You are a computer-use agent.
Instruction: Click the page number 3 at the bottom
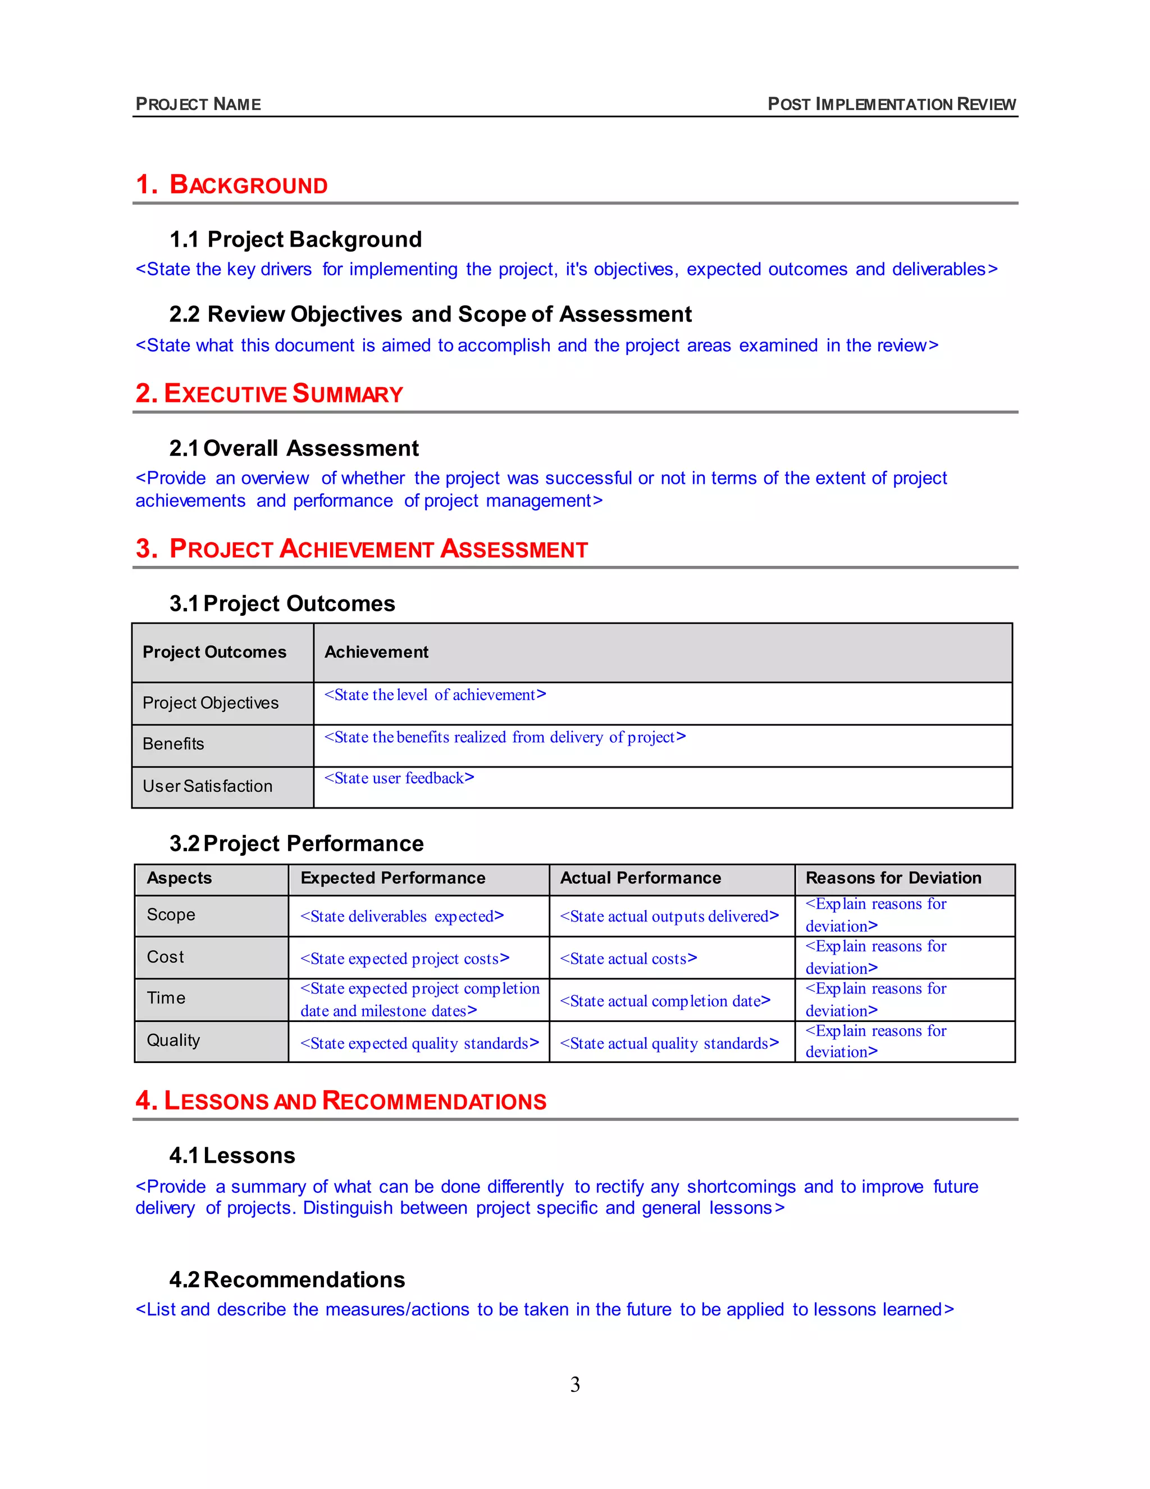[575, 1384]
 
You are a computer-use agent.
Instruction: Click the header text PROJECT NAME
[198, 105]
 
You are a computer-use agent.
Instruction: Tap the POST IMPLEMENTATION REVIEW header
[891, 105]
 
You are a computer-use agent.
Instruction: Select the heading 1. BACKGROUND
[232, 185]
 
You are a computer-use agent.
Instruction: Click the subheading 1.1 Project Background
[296, 239]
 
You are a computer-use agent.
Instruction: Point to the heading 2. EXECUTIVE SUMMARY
[269, 393]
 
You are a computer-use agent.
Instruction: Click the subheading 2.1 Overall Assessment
[294, 448]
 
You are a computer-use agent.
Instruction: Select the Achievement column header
[376, 652]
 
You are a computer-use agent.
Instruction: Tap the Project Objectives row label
[211, 703]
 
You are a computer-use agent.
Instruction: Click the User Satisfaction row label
[207, 786]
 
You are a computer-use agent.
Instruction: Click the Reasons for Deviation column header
[893, 878]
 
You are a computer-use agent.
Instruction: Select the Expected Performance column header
[393, 878]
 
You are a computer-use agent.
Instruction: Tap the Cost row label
[166, 957]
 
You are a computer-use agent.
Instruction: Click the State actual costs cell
[628, 959]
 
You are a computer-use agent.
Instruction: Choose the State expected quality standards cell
[419, 1044]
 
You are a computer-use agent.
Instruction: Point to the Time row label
[166, 998]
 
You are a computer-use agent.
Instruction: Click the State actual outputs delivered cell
[669, 917]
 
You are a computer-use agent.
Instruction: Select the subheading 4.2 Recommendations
[287, 1279]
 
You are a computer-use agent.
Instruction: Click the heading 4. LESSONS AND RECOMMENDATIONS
[341, 1101]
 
